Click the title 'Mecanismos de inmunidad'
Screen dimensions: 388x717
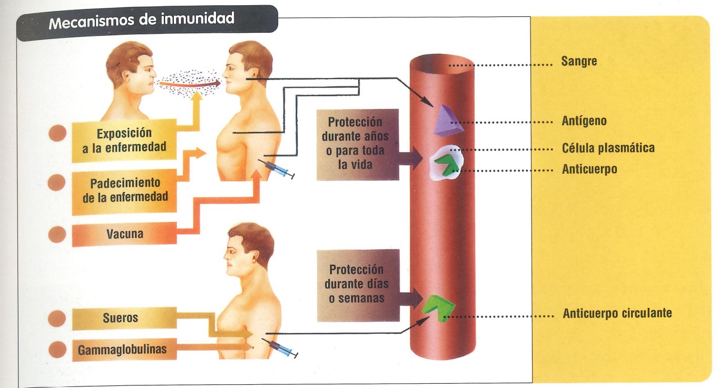coord(142,21)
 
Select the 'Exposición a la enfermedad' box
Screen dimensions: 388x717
coord(124,140)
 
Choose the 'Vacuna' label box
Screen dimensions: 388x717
coord(124,234)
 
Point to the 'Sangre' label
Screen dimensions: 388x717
coord(579,62)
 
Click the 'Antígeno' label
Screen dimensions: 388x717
coord(584,121)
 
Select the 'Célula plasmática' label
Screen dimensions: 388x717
coord(608,148)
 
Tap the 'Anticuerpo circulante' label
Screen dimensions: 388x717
coord(617,313)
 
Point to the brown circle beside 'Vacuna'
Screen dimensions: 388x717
coord(56,234)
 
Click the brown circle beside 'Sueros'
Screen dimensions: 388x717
coord(56,318)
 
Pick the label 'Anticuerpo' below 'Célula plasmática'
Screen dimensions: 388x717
coord(589,170)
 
